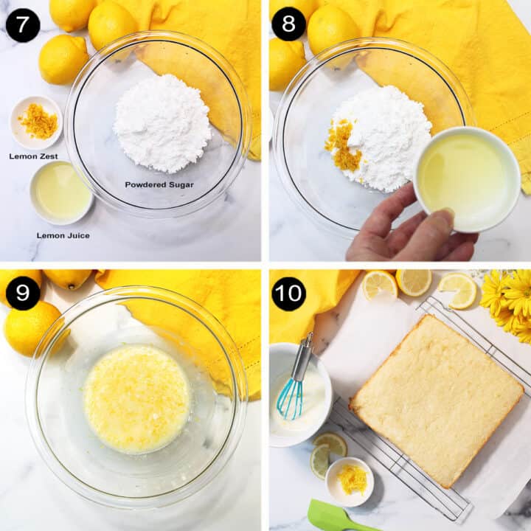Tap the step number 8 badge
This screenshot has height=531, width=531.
click(x=288, y=24)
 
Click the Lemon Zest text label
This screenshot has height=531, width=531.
click(x=33, y=156)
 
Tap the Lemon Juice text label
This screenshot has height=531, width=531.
click(x=63, y=235)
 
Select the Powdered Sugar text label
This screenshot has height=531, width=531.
click(x=159, y=184)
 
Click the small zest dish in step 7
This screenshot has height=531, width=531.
click(x=36, y=122)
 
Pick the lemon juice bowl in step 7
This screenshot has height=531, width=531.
click(x=61, y=192)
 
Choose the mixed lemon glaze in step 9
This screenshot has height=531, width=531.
click(x=137, y=398)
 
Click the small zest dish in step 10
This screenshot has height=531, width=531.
click(x=350, y=481)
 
